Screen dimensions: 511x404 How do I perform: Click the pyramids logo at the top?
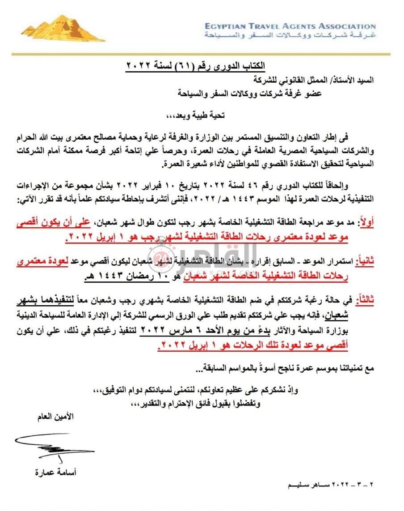pyautogui.click(x=63, y=29)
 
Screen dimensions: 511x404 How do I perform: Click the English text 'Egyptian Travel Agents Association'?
pyautogui.click(x=290, y=26)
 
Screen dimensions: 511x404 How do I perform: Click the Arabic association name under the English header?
pyautogui.click(x=290, y=35)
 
